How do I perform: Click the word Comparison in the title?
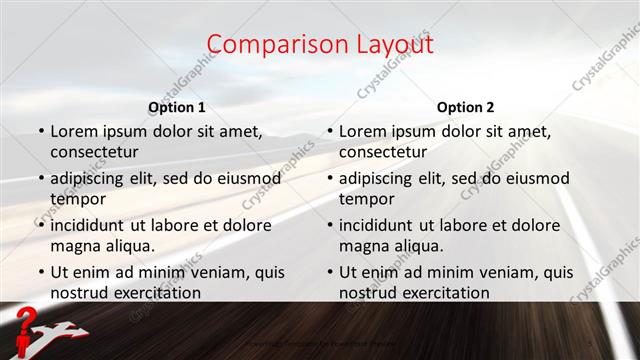point(268,45)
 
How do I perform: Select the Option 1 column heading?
point(177,107)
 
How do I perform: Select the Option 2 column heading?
point(465,107)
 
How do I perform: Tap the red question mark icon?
point(28,323)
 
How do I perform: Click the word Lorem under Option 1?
point(75,131)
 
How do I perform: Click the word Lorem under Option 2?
point(363,131)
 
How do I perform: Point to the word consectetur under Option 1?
point(94,151)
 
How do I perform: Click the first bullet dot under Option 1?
point(41,131)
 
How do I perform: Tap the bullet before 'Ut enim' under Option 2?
point(329,272)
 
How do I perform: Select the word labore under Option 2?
point(464,225)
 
